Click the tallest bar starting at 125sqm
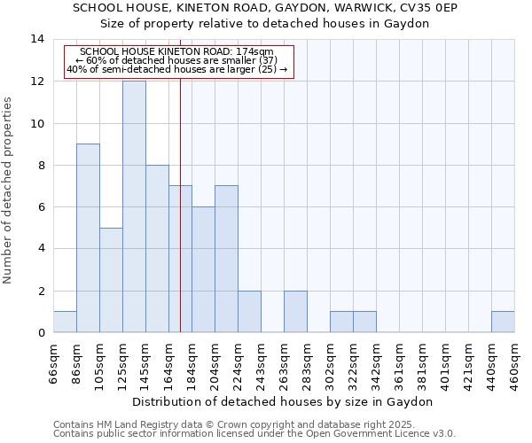coord(134,206)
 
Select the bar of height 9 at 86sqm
coord(88,238)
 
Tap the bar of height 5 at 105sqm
coord(111,280)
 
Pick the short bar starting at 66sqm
coord(65,322)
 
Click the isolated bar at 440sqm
coord(503,322)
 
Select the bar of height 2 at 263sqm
coord(295,312)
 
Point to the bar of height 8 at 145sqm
coord(157,249)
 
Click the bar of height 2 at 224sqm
coord(249,312)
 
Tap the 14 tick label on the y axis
coord(36,39)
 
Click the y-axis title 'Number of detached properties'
coord(8,190)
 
